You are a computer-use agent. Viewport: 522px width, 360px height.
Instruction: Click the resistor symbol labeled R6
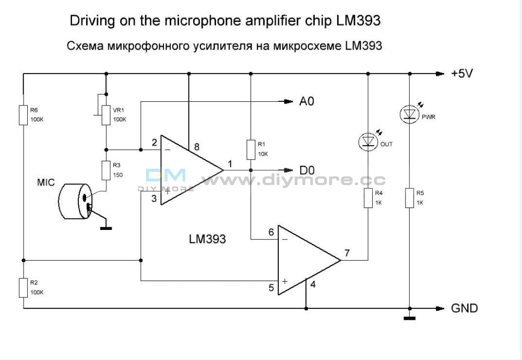pyautogui.click(x=23, y=115)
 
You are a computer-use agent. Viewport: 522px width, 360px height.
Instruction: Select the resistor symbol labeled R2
pyautogui.click(x=23, y=287)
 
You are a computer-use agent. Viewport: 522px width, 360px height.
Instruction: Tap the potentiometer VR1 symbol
pyautogui.click(x=106, y=114)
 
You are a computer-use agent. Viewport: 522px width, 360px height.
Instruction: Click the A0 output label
pyautogui.click(x=306, y=101)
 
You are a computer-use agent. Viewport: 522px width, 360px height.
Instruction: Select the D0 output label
pyautogui.click(x=306, y=170)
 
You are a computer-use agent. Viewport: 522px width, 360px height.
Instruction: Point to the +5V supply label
pyautogui.click(x=462, y=74)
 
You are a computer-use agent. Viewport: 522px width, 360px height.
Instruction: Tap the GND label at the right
pyautogui.click(x=464, y=308)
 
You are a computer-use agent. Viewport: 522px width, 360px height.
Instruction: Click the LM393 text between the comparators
pyautogui.click(x=207, y=239)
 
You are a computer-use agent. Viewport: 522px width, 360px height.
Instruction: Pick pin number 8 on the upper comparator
pyautogui.click(x=196, y=147)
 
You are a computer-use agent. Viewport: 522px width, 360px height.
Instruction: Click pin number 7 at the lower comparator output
pyautogui.click(x=347, y=253)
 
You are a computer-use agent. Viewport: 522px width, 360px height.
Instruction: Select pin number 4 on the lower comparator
pyautogui.click(x=313, y=285)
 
